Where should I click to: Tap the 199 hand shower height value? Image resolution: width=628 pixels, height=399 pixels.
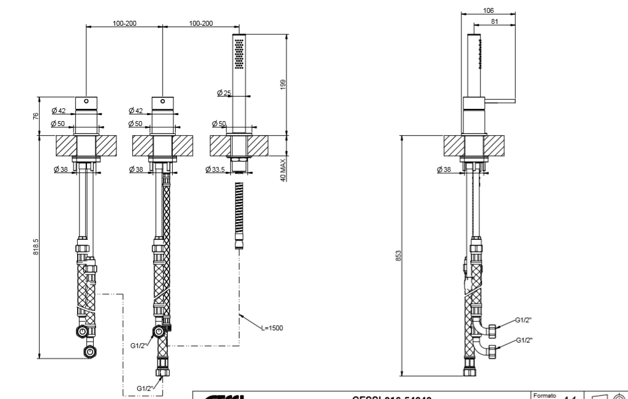tap(283, 84)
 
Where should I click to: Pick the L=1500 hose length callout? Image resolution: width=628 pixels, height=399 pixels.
tap(271, 328)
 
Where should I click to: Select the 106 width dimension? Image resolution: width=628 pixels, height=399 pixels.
tap(488, 10)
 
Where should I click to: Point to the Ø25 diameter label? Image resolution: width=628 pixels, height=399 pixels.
tap(224, 93)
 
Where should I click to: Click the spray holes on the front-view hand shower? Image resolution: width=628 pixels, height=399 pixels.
tap(239, 51)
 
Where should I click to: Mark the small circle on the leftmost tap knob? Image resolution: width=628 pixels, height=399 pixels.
tap(86, 100)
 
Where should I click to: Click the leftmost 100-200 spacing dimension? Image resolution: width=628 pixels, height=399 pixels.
tap(124, 23)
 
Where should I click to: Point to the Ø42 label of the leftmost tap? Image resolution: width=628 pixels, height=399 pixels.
tap(59, 110)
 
